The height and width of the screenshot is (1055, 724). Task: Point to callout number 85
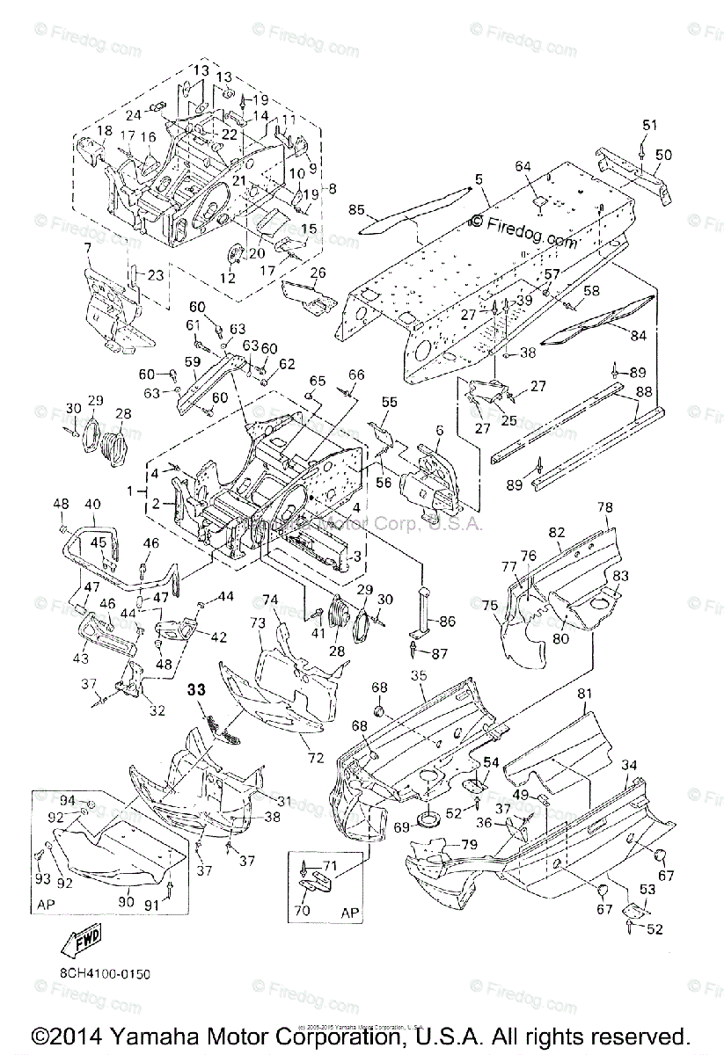[357, 210]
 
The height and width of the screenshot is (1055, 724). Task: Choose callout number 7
[86, 250]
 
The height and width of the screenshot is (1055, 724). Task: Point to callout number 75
[490, 605]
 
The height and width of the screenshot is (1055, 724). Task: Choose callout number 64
[549, 166]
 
